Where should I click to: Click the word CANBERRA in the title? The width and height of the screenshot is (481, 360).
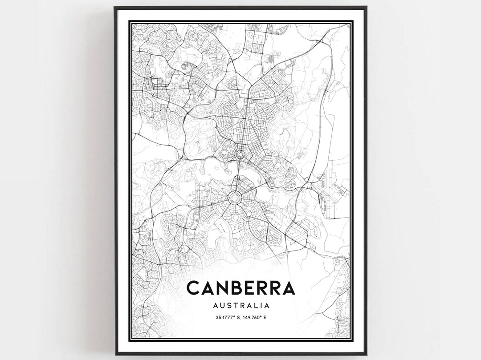coord(240,288)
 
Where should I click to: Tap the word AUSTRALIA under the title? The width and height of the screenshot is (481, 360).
coord(240,306)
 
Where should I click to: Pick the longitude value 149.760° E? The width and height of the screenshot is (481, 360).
coord(257,318)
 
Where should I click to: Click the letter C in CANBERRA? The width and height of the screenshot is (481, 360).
coord(194,288)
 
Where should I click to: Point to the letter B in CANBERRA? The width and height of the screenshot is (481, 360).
coord(236,288)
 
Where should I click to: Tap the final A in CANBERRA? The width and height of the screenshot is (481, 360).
coord(288,288)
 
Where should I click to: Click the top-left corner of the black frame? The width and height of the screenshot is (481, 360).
coord(114,7)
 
